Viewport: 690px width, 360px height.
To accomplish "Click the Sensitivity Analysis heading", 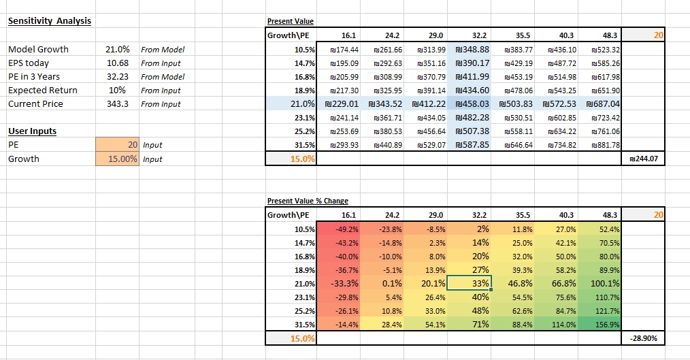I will (49, 20).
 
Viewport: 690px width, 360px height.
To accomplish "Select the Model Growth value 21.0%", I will (116, 50).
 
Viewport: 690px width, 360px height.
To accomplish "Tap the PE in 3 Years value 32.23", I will (118, 77).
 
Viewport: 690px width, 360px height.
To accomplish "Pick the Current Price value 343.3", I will (118, 104).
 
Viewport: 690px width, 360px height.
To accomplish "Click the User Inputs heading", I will (32, 131).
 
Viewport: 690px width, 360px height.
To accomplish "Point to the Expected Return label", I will (42, 91).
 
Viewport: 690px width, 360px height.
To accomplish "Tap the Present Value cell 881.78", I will (601, 145).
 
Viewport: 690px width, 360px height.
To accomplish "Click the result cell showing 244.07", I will (644, 159).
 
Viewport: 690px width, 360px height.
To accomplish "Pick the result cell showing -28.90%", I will (644, 338).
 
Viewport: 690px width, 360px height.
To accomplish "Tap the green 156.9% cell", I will (601, 325).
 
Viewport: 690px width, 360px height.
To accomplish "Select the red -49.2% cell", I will (340, 229).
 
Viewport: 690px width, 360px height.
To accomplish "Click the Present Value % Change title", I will (308, 201).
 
